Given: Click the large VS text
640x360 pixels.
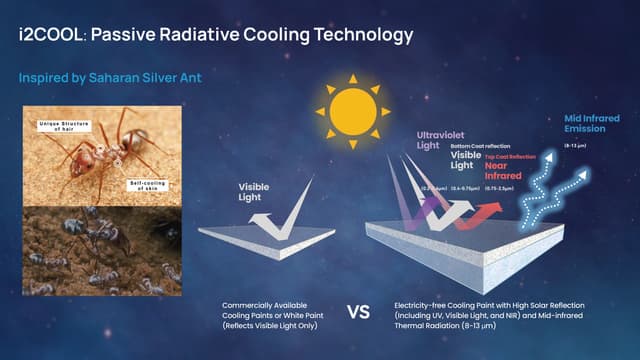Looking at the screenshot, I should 357,312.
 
